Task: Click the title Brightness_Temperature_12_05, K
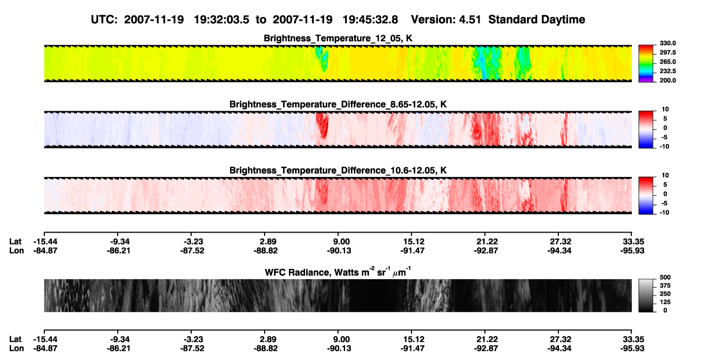[338, 38]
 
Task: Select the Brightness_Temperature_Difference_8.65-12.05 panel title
[338, 104]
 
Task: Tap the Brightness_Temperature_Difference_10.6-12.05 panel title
[338, 171]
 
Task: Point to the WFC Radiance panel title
[338, 271]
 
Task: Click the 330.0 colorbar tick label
[667, 43]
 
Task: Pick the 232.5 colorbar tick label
[667, 71]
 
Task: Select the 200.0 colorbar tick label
[667, 80]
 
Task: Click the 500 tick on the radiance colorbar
[665, 277]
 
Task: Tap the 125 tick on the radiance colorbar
[665, 302]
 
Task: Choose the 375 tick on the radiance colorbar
[665, 286]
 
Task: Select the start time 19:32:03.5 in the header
[221, 19]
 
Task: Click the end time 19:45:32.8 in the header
[370, 19]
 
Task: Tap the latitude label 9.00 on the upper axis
[341, 242]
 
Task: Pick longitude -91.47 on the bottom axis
[413, 349]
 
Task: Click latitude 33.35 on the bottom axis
[633, 339]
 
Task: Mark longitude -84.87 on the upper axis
[45, 250]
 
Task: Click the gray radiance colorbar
[646, 295]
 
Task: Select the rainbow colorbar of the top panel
[646, 64]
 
